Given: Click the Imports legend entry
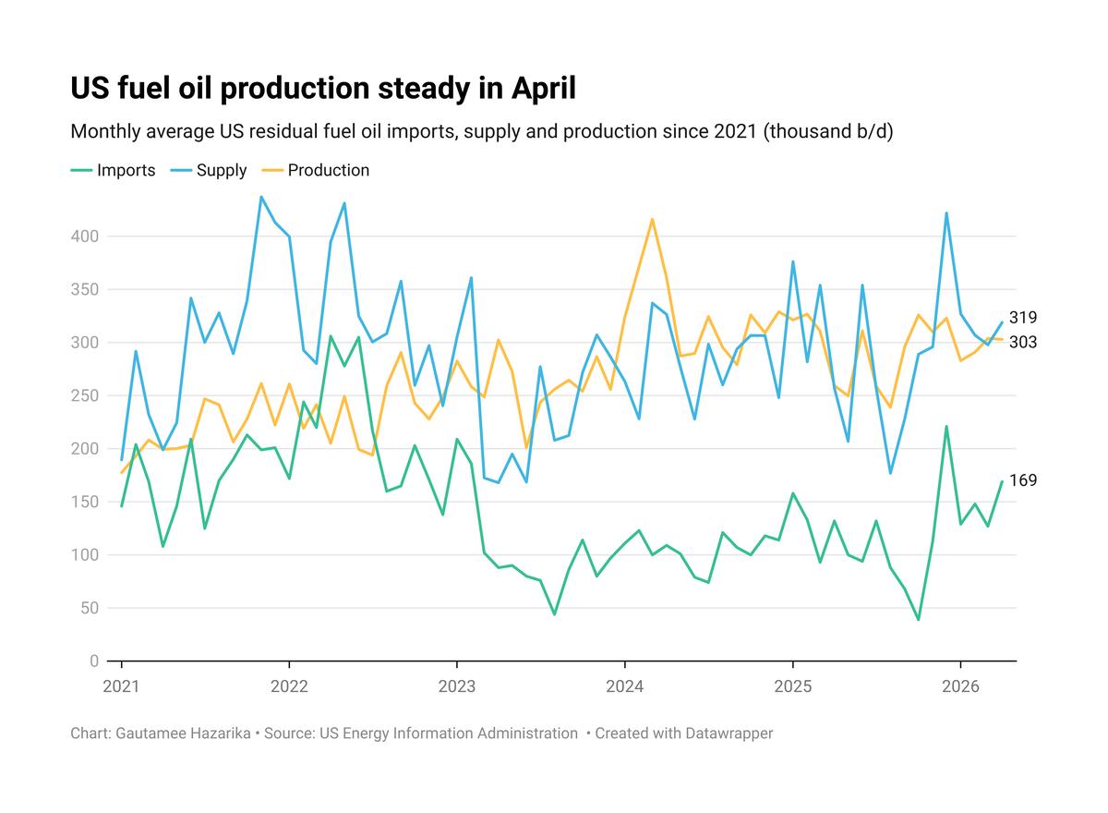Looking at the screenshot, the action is (x=113, y=170).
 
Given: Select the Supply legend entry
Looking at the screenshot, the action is (x=209, y=170).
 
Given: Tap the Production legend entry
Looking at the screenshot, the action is (x=315, y=170).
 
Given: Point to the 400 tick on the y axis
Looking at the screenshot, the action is (x=85, y=236).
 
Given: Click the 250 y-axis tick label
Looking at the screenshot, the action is (x=85, y=395).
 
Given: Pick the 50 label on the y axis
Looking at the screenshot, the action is (x=90, y=608).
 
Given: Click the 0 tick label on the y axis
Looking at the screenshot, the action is (x=94, y=661).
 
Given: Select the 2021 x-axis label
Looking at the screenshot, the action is (x=121, y=686).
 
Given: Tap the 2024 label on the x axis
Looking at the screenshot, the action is (x=625, y=686).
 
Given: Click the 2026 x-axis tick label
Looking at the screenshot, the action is (x=960, y=686).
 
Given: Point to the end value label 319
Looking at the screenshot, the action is (x=1022, y=317).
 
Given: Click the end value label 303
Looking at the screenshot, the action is (x=1022, y=342).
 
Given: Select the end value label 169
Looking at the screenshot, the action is (x=1022, y=480).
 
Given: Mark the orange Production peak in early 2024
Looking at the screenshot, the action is (x=653, y=219).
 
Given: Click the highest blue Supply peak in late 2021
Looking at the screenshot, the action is (x=261, y=197).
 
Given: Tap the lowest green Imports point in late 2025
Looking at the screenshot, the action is (x=919, y=620).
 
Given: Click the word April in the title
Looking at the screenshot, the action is (x=544, y=88).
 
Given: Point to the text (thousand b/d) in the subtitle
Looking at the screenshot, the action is (x=828, y=131).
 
